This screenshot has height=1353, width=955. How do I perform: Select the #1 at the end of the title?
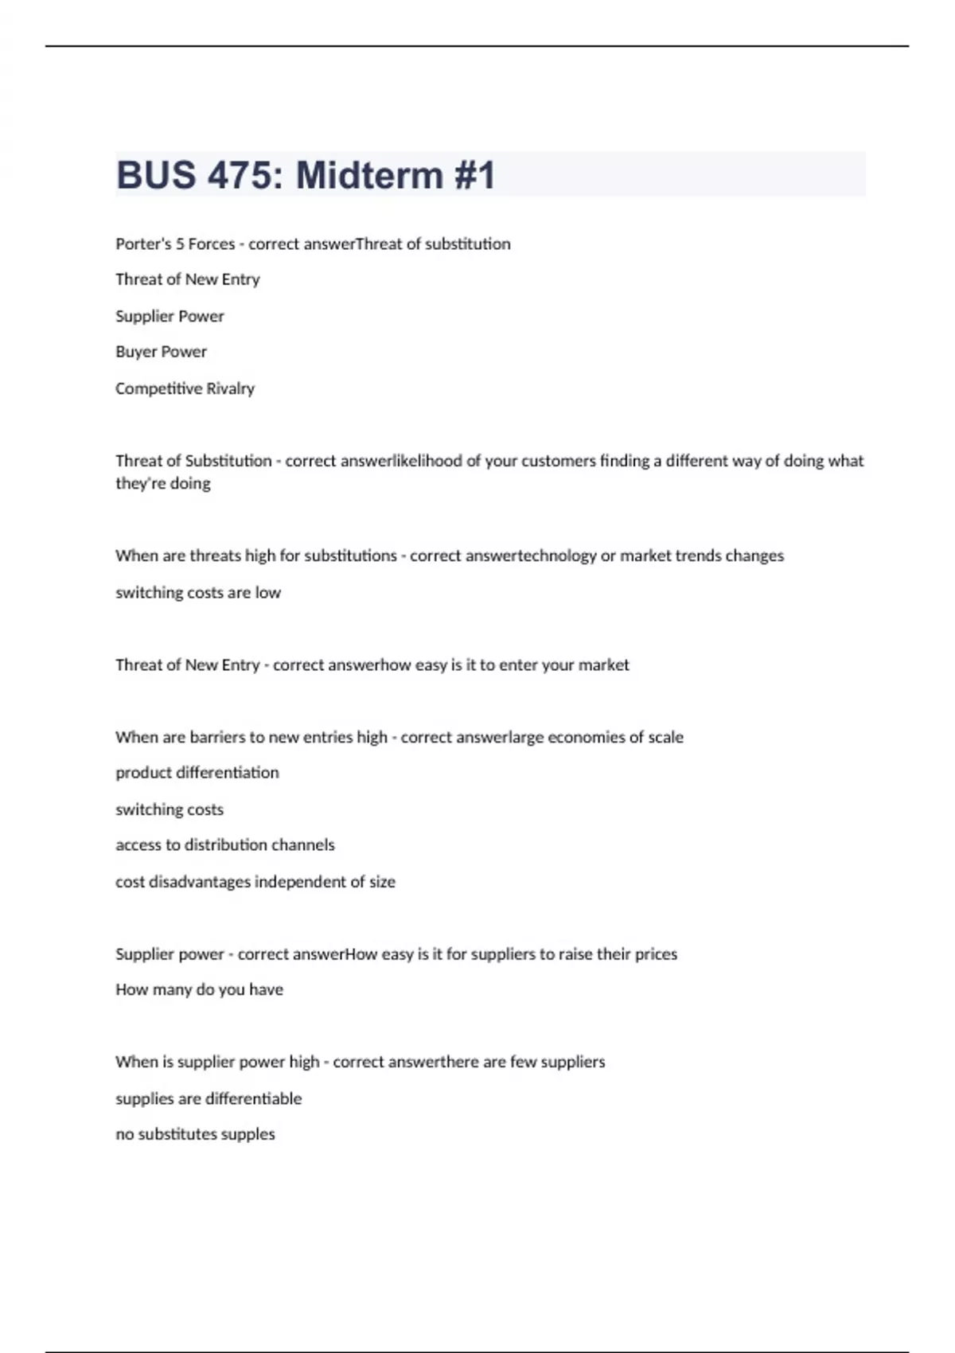[475, 175]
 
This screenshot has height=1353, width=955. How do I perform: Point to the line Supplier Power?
[170, 316]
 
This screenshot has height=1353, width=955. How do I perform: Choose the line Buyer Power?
[161, 352]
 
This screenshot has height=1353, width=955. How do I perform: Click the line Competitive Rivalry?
[185, 388]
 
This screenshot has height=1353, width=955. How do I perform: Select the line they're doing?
[163, 483]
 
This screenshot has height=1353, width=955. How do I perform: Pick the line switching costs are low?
[198, 592]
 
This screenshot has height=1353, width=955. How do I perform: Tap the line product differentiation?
[197, 773]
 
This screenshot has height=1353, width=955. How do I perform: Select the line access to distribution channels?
[225, 844]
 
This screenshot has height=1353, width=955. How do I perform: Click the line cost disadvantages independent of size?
[255, 882]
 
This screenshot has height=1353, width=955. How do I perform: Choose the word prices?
[656, 954]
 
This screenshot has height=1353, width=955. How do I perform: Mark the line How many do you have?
[199, 989]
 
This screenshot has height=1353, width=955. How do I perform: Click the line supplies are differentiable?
[209, 1098]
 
